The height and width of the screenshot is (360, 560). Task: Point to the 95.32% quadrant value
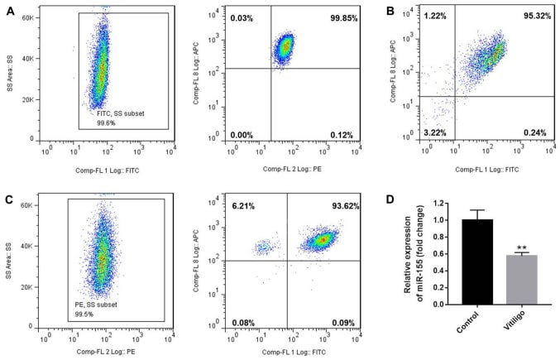[532, 17]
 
